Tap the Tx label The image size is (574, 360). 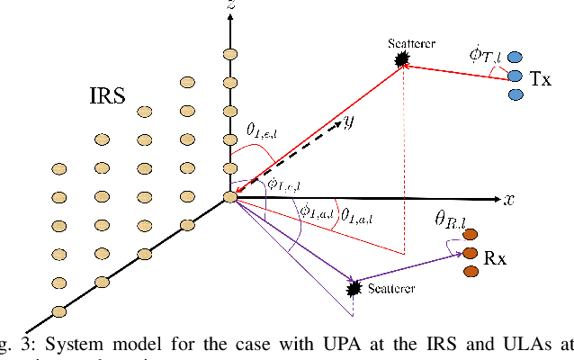(540, 78)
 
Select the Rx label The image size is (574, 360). (495, 258)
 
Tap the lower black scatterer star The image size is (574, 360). (354, 288)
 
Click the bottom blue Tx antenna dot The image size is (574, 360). (516, 94)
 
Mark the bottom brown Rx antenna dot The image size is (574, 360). (471, 272)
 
